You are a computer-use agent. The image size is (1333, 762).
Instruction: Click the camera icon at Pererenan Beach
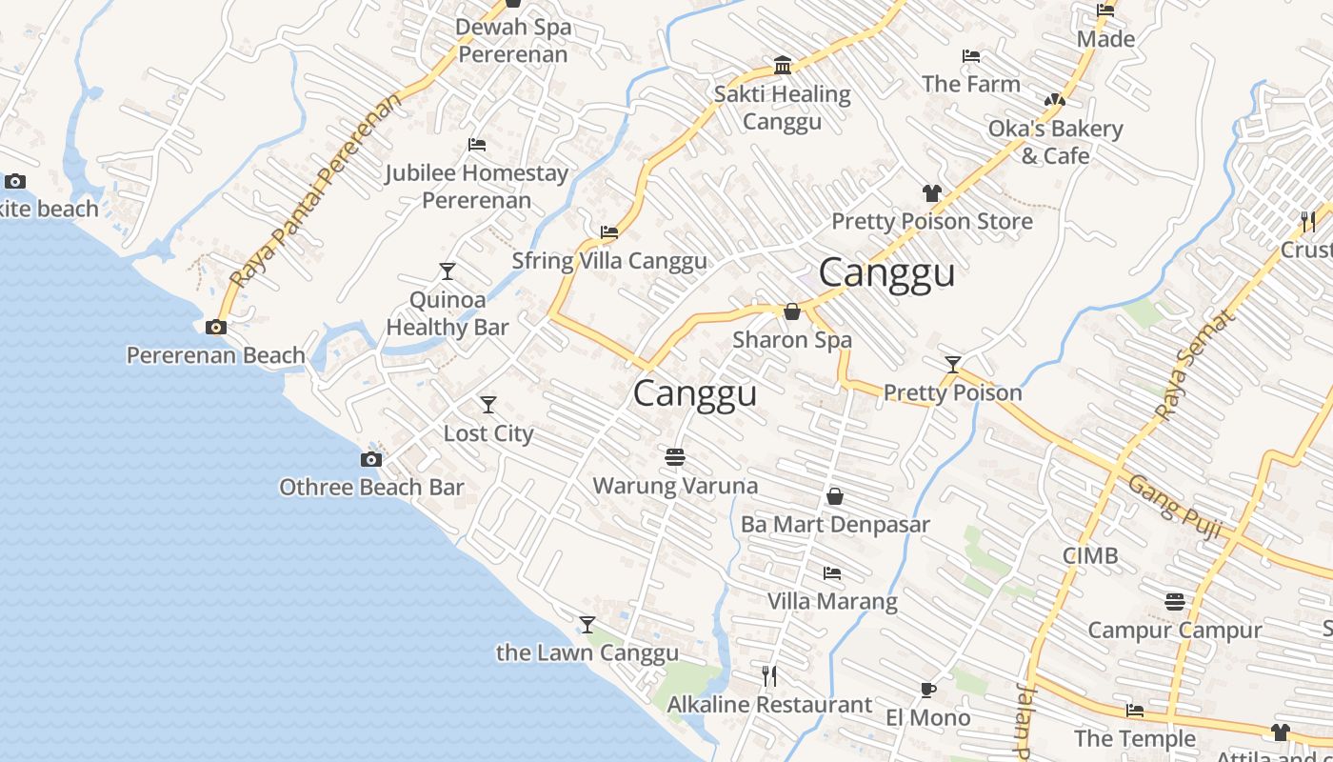(x=216, y=327)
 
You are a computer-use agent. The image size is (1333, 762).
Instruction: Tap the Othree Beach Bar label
(x=371, y=487)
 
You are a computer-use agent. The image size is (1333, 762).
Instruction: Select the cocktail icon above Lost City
(x=488, y=405)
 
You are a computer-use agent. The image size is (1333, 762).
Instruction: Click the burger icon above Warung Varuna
(x=675, y=458)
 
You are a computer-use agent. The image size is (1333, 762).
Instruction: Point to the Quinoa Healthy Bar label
(x=447, y=313)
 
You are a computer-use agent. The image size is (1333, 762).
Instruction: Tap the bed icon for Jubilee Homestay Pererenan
(x=477, y=145)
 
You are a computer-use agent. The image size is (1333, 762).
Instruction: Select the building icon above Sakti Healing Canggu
(x=783, y=65)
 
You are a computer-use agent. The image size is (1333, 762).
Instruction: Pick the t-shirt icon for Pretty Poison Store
(x=932, y=193)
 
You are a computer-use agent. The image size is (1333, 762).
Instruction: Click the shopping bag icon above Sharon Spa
(x=791, y=311)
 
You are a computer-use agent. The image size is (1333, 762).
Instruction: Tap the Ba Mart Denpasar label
(x=835, y=524)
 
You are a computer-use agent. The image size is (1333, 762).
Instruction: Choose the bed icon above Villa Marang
(x=832, y=573)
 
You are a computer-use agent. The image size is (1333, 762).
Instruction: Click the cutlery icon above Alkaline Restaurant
(x=769, y=676)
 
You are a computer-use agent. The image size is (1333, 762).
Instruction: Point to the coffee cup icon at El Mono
(x=928, y=690)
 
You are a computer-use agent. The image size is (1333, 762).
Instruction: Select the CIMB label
(x=1090, y=555)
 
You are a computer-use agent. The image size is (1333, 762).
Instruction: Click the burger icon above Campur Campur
(x=1175, y=602)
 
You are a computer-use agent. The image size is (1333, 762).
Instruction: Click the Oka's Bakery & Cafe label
(x=1055, y=142)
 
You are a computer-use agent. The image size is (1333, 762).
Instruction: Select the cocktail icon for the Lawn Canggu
(x=587, y=625)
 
